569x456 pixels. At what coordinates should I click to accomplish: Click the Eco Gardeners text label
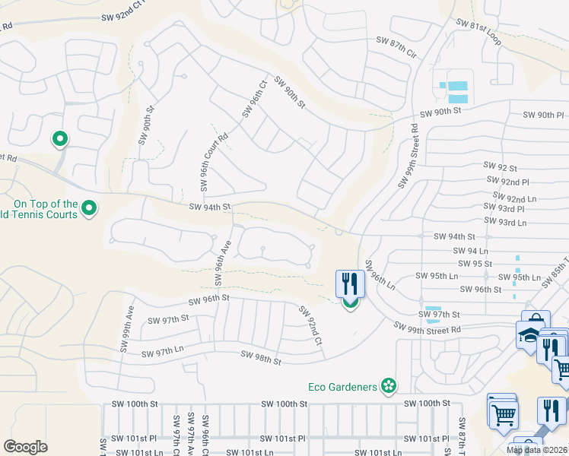[342, 387]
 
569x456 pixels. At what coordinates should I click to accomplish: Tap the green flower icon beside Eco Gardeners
[389, 387]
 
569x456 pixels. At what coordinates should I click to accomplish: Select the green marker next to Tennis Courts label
[89, 208]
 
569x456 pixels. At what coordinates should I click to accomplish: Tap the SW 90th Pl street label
[544, 115]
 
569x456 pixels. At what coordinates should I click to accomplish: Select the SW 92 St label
[501, 166]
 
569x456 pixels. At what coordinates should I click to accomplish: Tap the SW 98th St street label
[261, 356]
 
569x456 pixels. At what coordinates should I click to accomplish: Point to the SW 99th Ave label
[126, 329]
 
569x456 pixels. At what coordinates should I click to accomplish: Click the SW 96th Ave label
[221, 263]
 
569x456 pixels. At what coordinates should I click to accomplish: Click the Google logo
[26, 447]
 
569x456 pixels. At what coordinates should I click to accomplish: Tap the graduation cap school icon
[527, 334]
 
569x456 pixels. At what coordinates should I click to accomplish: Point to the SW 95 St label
[477, 264]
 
